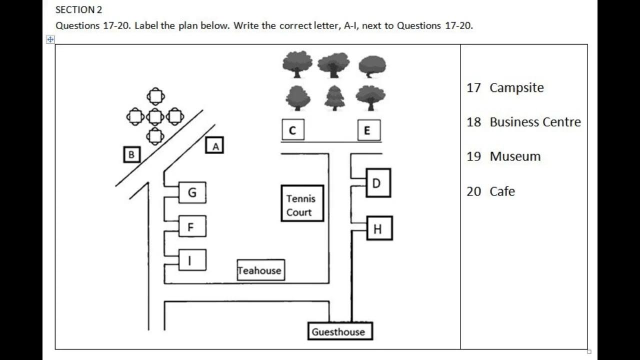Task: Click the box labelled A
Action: pyautogui.click(x=214, y=145)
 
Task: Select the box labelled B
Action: pyautogui.click(x=131, y=154)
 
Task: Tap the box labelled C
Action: pyautogui.click(x=292, y=130)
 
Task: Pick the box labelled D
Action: pyautogui.click(x=378, y=183)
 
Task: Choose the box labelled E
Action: pyautogui.click(x=369, y=130)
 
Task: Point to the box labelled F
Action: pyautogui.click(x=192, y=227)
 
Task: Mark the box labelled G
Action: pyautogui.click(x=192, y=192)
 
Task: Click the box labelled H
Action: pyautogui.click(x=379, y=228)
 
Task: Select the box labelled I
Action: pyautogui.click(x=192, y=260)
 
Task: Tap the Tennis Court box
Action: pyautogui.click(x=302, y=203)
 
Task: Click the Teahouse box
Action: pyautogui.click(x=260, y=270)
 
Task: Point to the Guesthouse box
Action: pyautogui.click(x=339, y=331)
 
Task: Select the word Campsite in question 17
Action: pyautogui.click(x=516, y=87)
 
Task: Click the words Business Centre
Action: pyautogui.click(x=535, y=122)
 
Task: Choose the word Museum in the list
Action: pyautogui.click(x=515, y=156)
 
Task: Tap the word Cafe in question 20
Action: pyautogui.click(x=502, y=191)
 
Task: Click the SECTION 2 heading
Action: pyautogui.click(x=78, y=9)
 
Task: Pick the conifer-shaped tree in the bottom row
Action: pyautogui.click(x=334, y=98)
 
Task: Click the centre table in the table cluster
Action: pyautogui.click(x=155, y=116)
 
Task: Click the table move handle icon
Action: pyautogui.click(x=50, y=39)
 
